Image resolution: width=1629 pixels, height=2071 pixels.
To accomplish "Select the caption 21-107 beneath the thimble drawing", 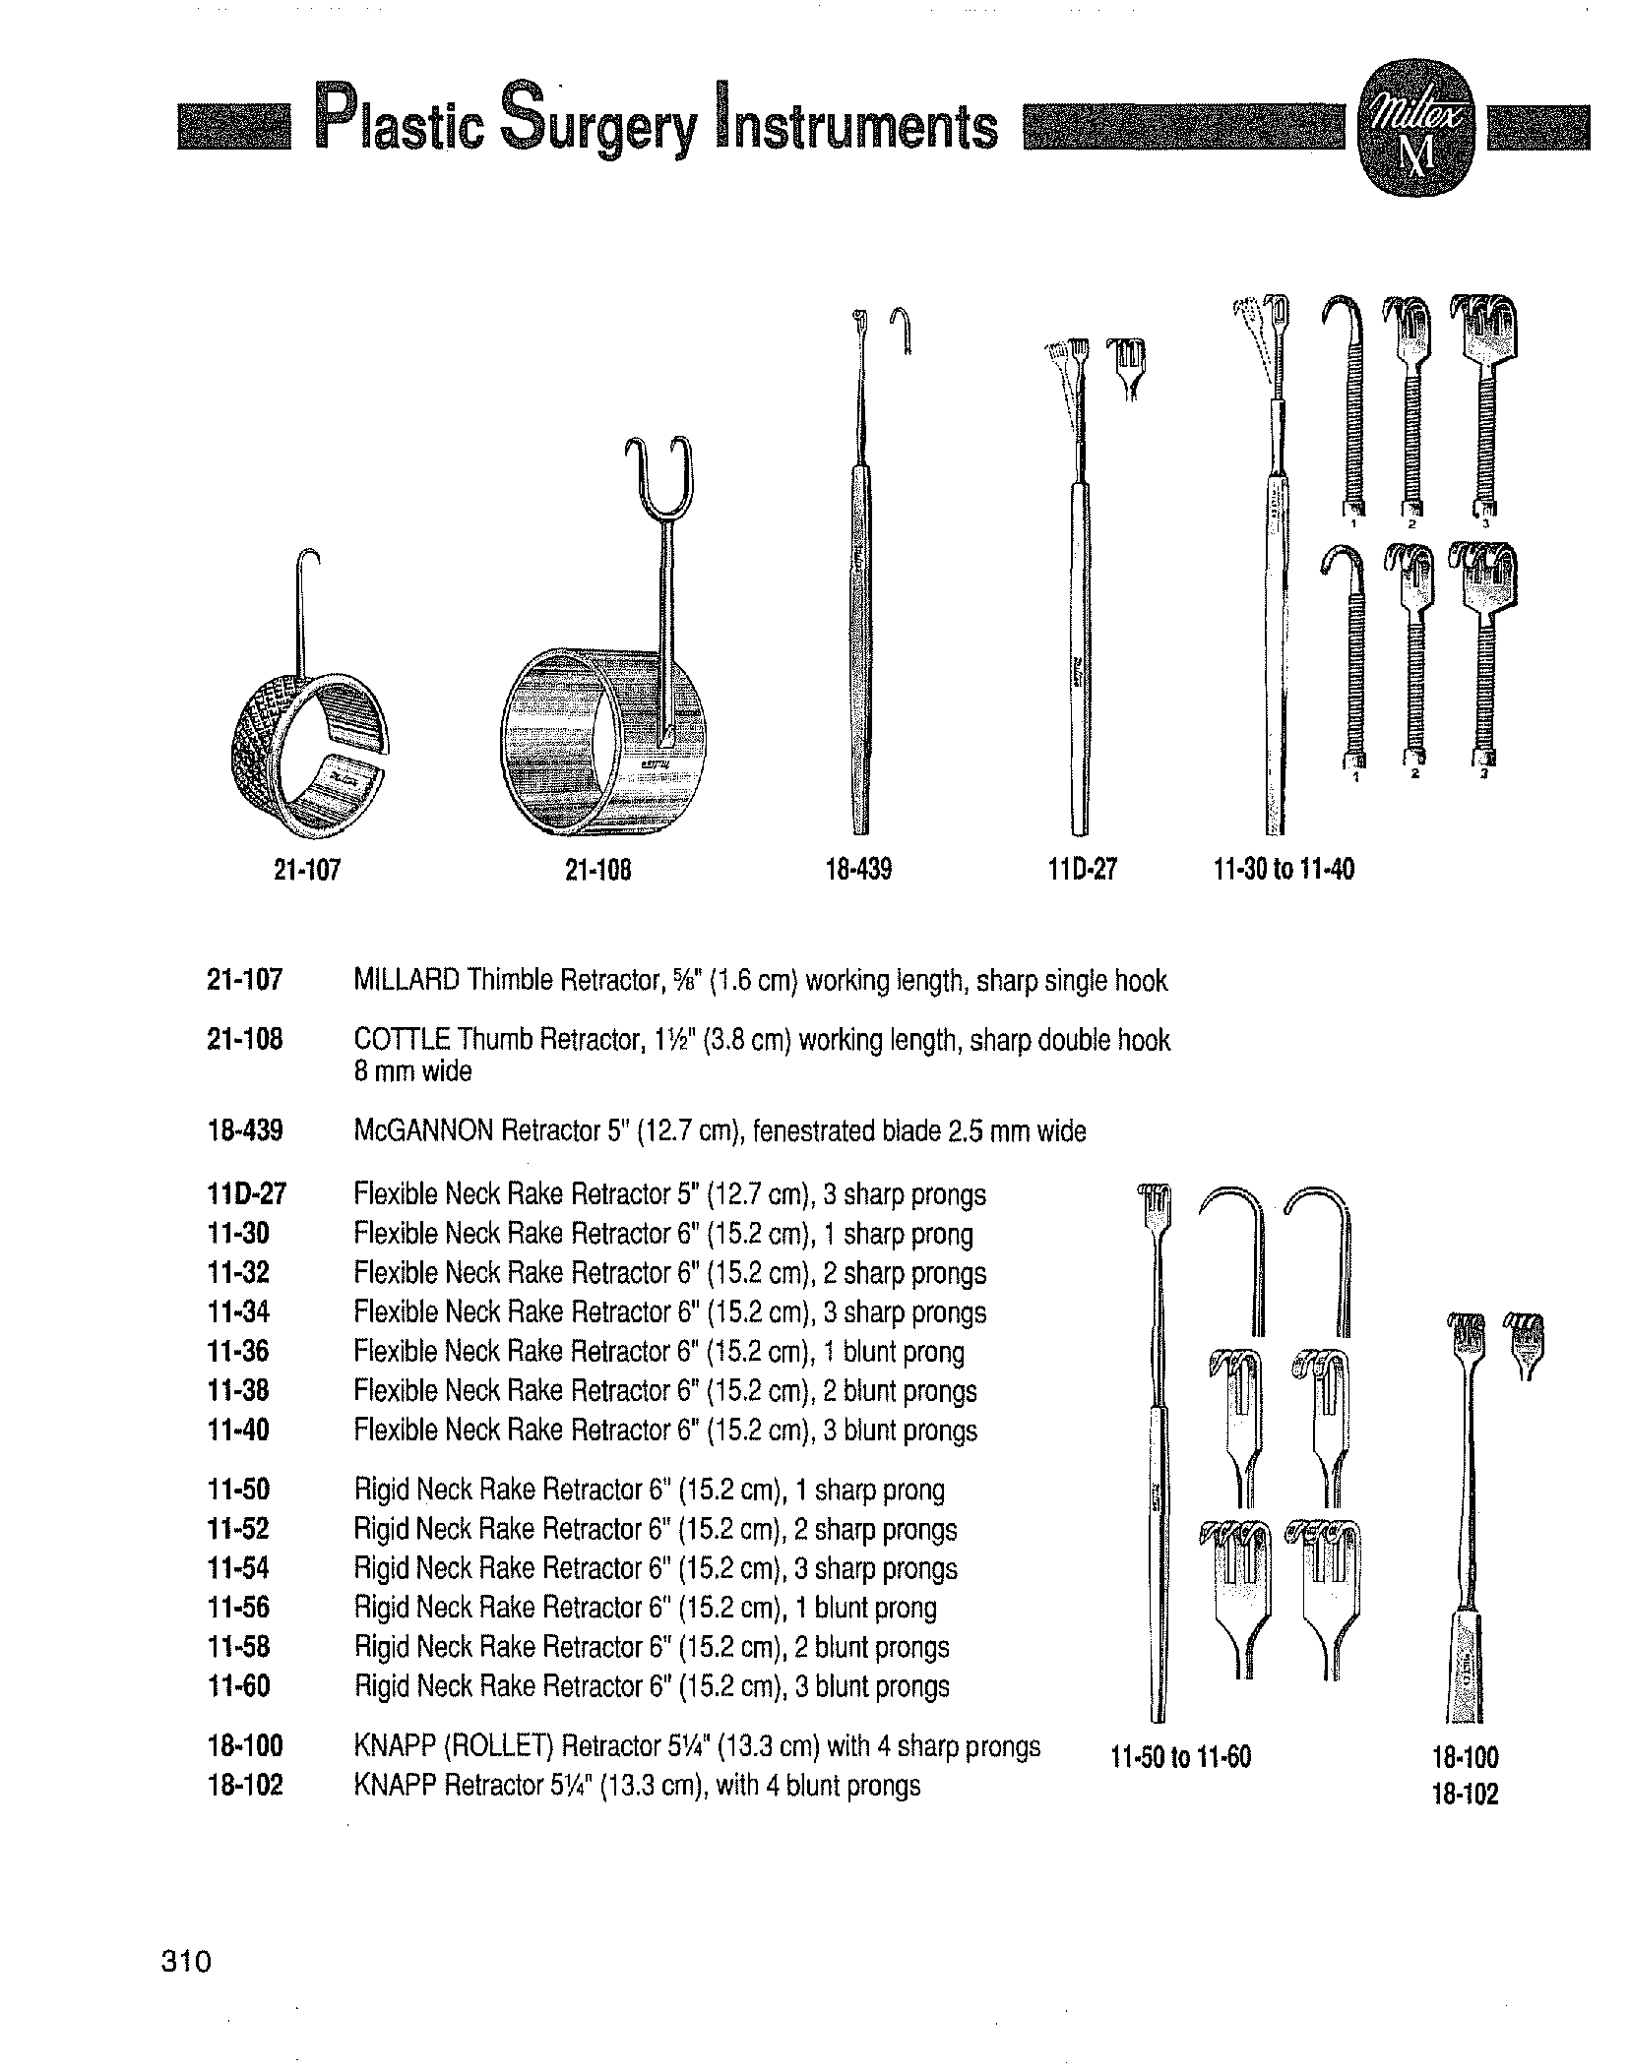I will pos(307,870).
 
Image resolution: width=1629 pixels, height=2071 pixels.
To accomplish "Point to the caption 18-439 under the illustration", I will pos(858,870).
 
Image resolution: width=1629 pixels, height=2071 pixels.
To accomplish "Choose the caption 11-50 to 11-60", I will pos(1180,1757).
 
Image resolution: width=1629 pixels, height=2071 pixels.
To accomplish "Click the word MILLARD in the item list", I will pos(406,981).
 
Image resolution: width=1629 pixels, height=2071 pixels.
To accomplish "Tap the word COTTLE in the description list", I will pos(401,1040).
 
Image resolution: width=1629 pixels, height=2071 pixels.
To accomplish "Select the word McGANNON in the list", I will pos(422,1131).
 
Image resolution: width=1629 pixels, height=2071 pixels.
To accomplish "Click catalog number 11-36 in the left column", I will pos(238,1352).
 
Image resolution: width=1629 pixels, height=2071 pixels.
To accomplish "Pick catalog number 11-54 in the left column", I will pos(238,1568).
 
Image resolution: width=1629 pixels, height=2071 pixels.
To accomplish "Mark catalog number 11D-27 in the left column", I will pos(245,1195).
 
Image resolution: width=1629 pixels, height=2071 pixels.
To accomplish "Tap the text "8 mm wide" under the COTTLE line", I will pos(412,1071).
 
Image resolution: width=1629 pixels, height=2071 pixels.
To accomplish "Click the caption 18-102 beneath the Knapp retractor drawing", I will pos(1466,1795).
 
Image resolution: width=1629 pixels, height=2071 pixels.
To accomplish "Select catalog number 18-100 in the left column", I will pos(245,1746).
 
